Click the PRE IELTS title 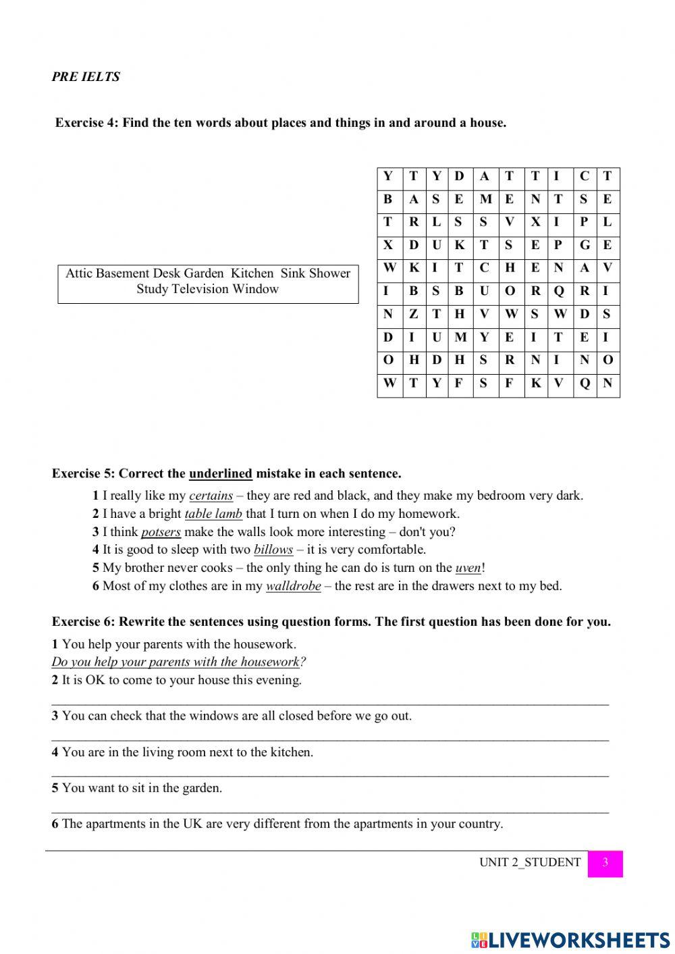point(86,77)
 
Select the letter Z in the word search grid point(414,313)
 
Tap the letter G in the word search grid point(584,245)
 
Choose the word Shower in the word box point(329,273)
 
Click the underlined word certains point(211,496)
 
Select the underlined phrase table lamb point(213,514)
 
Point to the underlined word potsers point(161,532)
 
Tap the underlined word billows point(273,550)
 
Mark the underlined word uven point(468,568)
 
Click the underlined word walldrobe point(293,586)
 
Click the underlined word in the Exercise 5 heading point(220,473)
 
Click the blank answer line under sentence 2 point(330,702)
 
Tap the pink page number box point(605,863)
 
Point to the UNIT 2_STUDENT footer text point(529,862)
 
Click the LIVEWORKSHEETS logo point(570,939)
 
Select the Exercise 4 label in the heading point(86,123)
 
